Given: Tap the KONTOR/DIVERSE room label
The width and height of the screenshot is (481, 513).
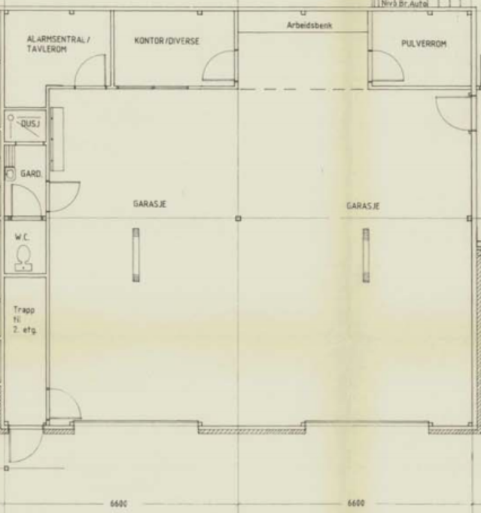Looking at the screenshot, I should pyautogui.click(x=167, y=41).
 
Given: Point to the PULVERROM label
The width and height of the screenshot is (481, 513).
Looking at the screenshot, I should pyautogui.click(x=424, y=44).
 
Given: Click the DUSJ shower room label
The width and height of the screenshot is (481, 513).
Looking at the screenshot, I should pyautogui.click(x=29, y=124).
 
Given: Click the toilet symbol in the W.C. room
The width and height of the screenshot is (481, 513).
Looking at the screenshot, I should pyautogui.click(x=23, y=257).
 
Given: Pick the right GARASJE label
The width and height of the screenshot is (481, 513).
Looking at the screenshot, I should pyautogui.click(x=362, y=204).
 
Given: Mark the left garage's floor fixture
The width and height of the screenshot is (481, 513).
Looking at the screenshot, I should pyautogui.click(x=136, y=255).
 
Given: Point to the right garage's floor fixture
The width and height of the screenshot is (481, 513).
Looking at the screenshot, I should pyautogui.click(x=366, y=255).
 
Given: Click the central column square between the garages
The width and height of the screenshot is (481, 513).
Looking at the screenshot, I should pyautogui.click(x=238, y=218).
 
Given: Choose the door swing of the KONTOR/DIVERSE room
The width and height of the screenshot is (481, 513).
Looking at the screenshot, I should pyautogui.click(x=218, y=69).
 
